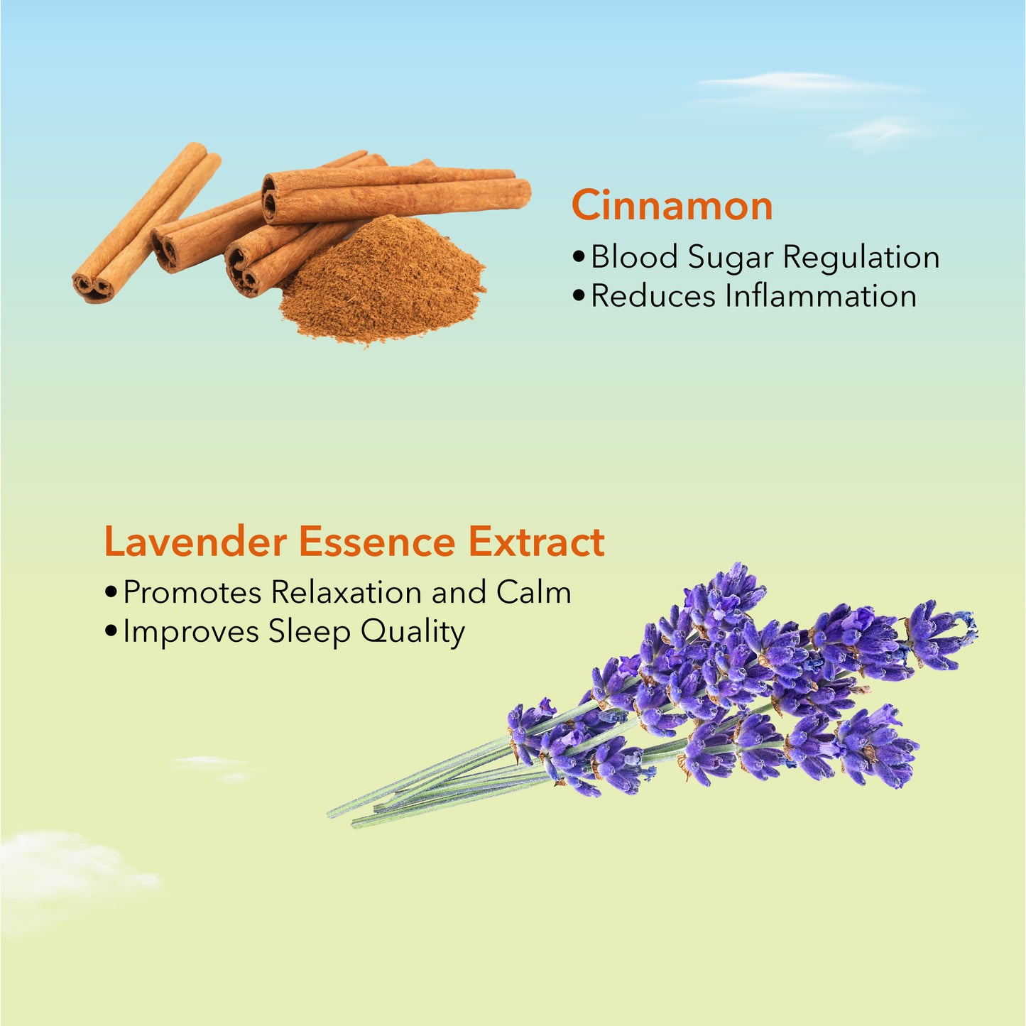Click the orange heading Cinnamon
[672, 205]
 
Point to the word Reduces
[653, 296]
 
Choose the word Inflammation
[822, 296]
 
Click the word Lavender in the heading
[196, 542]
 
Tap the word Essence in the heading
[377, 542]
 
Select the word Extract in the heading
[536, 542]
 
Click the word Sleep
[310, 633]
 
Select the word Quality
[413, 633]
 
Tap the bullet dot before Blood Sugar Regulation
[579, 257]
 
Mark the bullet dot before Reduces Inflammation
[579, 297]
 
